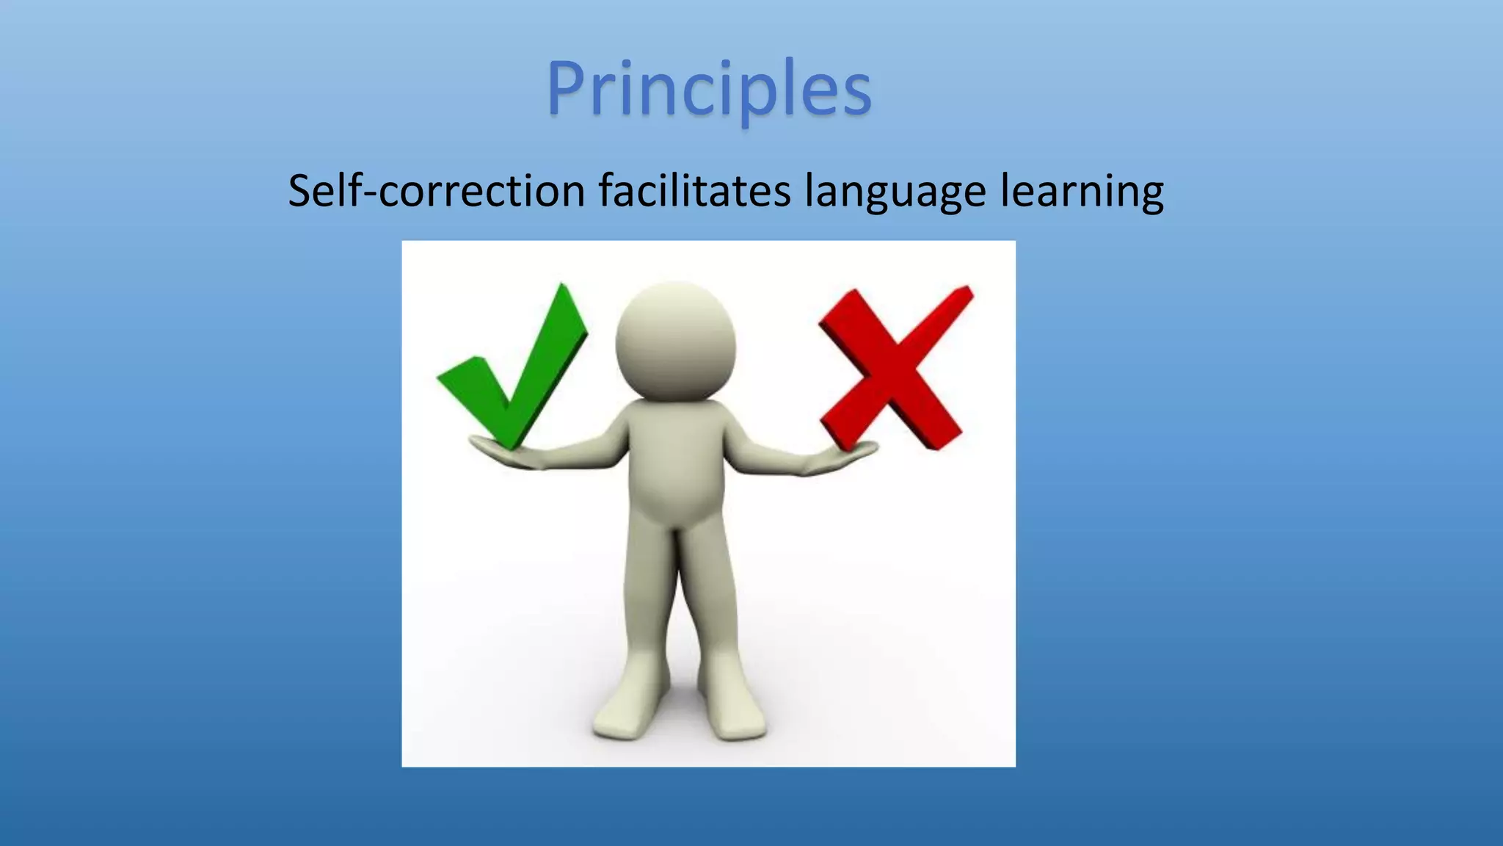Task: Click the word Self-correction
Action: [436, 191]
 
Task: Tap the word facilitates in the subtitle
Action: [694, 191]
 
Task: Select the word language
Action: [895, 191]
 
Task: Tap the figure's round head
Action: [675, 341]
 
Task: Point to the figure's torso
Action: [675, 463]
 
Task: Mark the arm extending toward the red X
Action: [771, 455]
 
